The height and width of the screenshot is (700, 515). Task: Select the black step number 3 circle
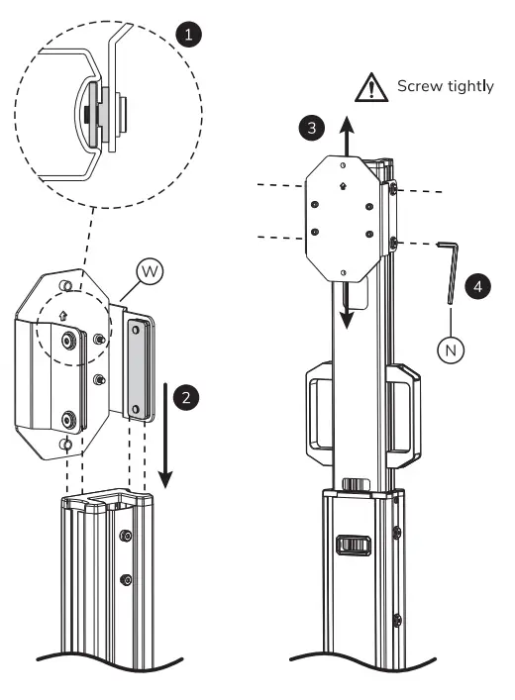point(311,128)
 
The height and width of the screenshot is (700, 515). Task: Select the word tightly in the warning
point(470,87)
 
